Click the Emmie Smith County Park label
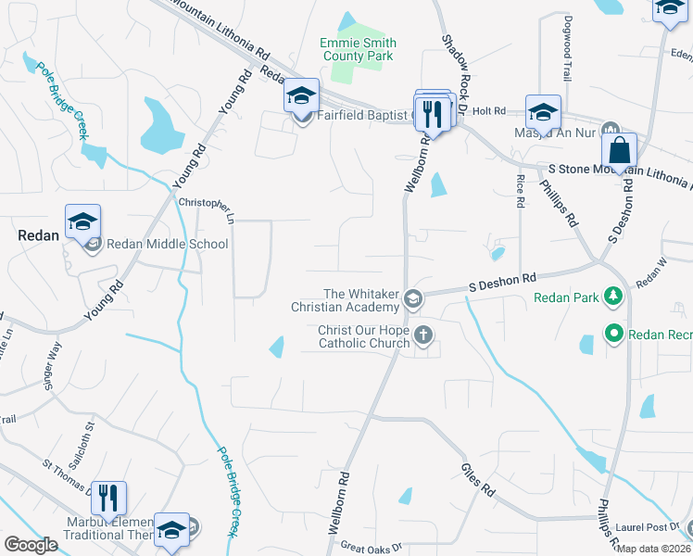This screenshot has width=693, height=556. pos(358,49)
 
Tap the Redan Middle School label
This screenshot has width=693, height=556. pos(167,245)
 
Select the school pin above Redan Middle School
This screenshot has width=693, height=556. pos(82,221)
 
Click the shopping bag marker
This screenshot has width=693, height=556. pos(619,150)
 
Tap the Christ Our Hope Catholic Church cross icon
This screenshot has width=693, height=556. pos(424,335)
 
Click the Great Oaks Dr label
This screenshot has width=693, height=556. pos(371,548)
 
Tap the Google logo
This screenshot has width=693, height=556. pos(31,545)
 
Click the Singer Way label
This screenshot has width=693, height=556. pos(55,362)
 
